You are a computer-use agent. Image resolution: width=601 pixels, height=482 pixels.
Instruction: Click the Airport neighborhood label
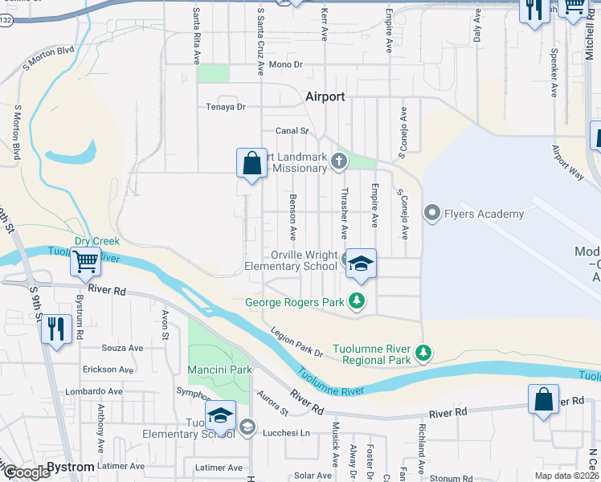[x=325, y=96]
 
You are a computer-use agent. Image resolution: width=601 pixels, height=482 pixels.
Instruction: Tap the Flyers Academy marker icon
[x=432, y=213]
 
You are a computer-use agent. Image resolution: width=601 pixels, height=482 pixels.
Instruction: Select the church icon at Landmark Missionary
[x=339, y=162]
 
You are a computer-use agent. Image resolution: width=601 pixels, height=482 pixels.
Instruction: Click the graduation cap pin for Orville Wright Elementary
[x=362, y=263]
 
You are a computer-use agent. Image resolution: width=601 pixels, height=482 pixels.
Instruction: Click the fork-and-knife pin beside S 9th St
[x=56, y=329]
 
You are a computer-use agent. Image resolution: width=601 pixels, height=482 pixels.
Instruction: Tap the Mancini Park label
[x=220, y=370]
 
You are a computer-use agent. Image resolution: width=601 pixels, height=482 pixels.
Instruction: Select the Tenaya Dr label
[x=226, y=106]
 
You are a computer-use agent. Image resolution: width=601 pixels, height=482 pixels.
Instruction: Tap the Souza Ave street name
[x=122, y=348]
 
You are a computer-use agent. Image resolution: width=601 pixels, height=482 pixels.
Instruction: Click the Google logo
[x=26, y=473]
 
